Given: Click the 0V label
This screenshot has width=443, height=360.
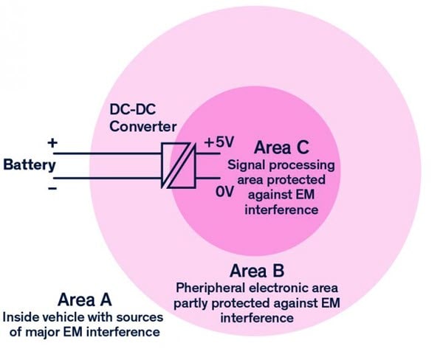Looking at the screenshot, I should (224, 190).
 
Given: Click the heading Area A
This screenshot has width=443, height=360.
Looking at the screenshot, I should (86, 300).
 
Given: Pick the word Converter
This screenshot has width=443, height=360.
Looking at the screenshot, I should (139, 126).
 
